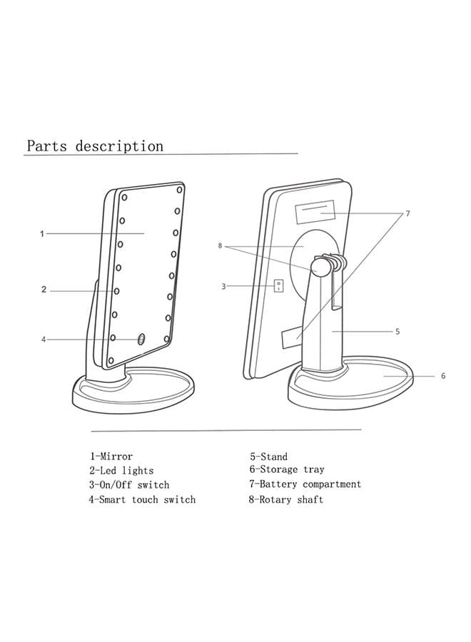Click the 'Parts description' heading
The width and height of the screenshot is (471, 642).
pyautogui.click(x=95, y=146)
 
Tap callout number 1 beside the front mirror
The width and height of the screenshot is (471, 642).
pyautogui.click(x=42, y=234)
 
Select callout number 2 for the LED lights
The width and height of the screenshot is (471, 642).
pyautogui.click(x=44, y=290)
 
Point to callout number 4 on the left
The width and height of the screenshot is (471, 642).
pyautogui.click(x=44, y=340)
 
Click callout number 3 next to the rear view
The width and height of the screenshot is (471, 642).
pyautogui.click(x=223, y=286)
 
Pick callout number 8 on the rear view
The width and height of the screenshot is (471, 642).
pyautogui.click(x=220, y=245)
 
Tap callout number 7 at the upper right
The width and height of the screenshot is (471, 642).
pyautogui.click(x=407, y=213)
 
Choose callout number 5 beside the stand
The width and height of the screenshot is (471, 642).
pyautogui.click(x=397, y=331)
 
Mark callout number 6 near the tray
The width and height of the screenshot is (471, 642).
pyautogui.click(x=443, y=375)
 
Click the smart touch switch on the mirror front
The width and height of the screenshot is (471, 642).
pyautogui.click(x=141, y=338)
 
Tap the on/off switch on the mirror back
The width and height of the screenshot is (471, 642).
pyautogui.click(x=278, y=285)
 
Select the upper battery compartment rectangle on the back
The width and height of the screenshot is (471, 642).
pyautogui.click(x=315, y=212)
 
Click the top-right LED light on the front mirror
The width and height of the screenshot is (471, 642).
pyautogui.click(x=179, y=190)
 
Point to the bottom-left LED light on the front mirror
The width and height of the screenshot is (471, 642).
pyautogui.click(x=111, y=361)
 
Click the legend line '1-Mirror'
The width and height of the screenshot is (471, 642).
pyautogui.click(x=111, y=456)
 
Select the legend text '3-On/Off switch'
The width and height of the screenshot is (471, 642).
pyautogui.click(x=129, y=485)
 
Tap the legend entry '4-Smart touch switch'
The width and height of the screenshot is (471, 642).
pyautogui.click(x=142, y=499)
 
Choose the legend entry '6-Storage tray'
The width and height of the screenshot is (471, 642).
pyautogui.click(x=287, y=469)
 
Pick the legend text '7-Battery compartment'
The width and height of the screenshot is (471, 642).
pyautogui.click(x=305, y=484)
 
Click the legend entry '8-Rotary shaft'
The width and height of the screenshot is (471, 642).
pyautogui.click(x=286, y=499)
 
